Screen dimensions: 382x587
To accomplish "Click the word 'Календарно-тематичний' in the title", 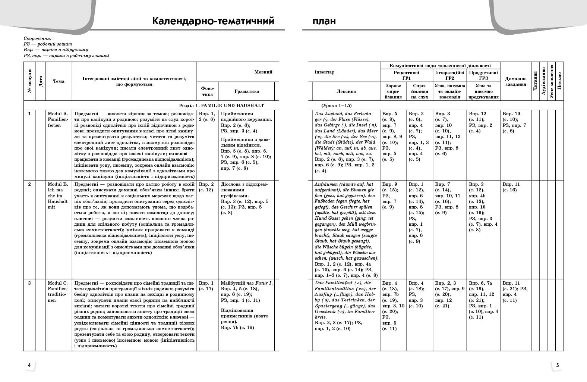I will [x=213, y=21].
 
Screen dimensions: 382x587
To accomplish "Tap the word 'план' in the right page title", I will [x=324, y=21].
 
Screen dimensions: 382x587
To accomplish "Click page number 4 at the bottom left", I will [x=29, y=365].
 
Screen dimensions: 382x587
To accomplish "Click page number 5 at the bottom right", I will [x=558, y=365].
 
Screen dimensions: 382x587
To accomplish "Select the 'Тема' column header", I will [x=59, y=81].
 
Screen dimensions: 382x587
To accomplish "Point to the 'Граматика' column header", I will [x=247, y=91].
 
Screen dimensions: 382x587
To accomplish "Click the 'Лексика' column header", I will [x=346, y=91].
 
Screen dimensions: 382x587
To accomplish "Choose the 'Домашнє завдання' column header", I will [x=515, y=81].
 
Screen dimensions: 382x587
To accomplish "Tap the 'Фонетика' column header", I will [x=208, y=91].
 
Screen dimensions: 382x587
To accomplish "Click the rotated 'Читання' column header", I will [x=535, y=81].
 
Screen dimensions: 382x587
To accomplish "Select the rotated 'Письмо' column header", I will [x=559, y=81].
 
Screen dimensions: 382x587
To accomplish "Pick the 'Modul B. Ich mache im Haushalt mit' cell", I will [x=58, y=195].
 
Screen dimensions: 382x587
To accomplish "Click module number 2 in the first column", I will [x=29, y=184].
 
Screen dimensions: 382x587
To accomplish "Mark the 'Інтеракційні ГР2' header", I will [x=449, y=76].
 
